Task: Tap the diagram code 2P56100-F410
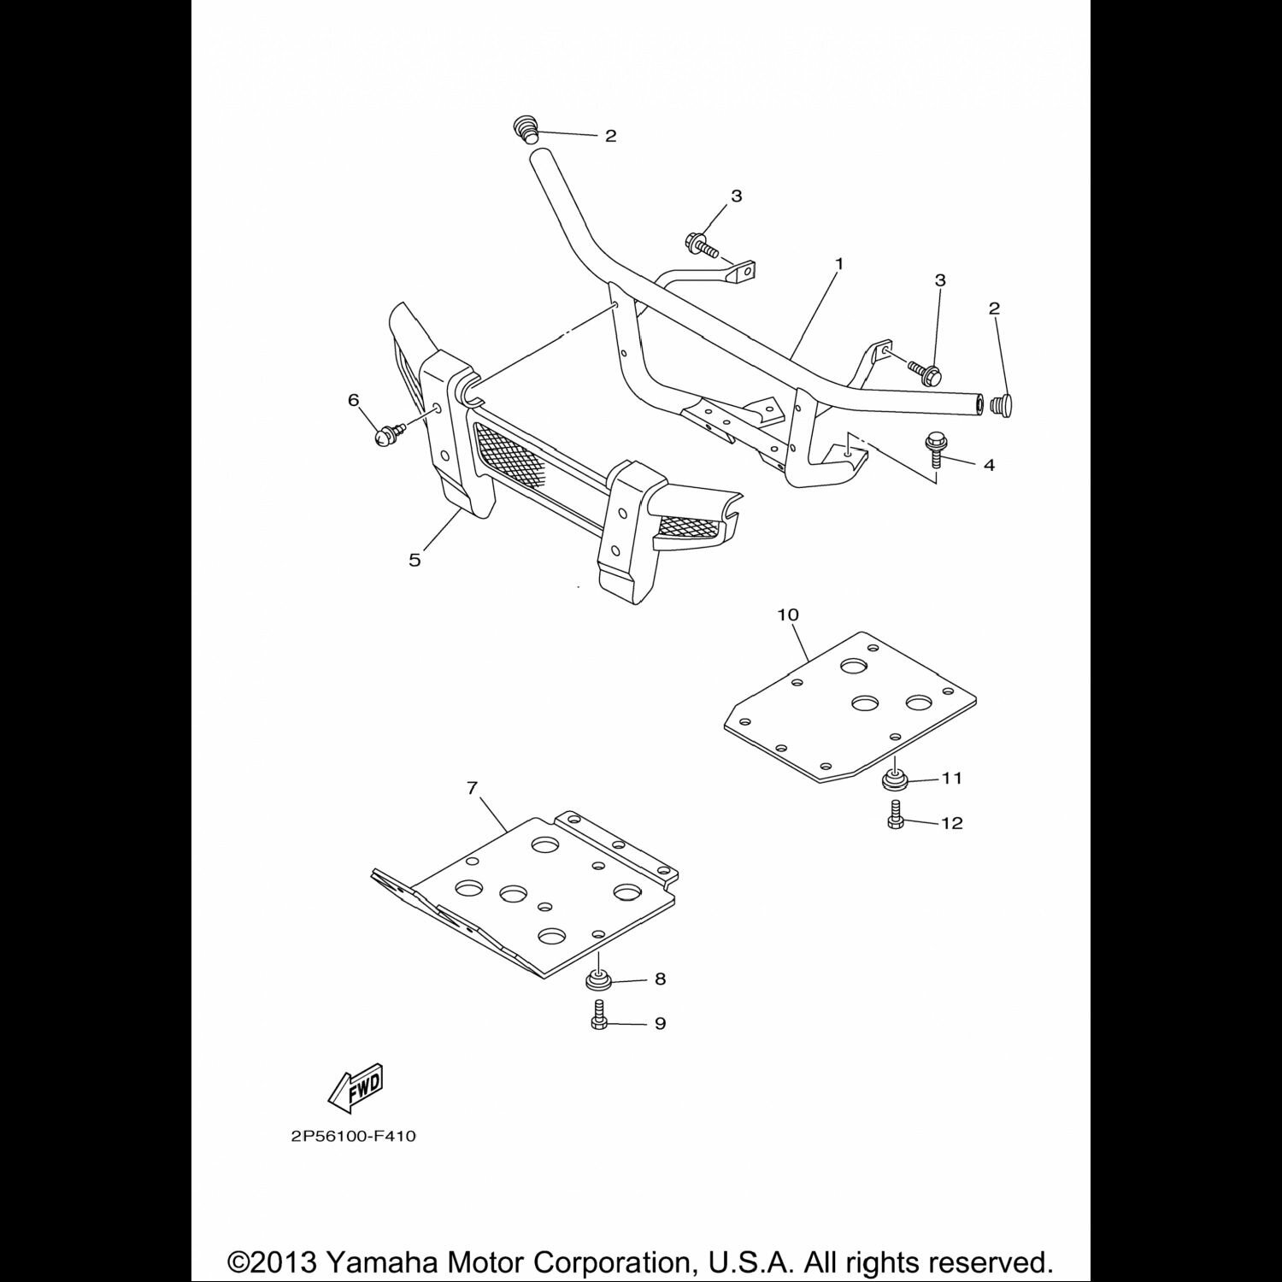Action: (353, 1137)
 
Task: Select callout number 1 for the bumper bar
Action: (838, 264)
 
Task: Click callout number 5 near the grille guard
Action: (415, 561)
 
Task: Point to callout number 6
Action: (354, 400)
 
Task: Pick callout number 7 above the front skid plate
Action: (473, 788)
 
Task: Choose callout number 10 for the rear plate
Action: (787, 615)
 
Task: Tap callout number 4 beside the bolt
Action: (989, 466)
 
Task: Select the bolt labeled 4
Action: (934, 450)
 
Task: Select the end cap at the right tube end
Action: (1000, 404)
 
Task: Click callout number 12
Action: (951, 823)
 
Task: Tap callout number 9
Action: (660, 1023)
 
